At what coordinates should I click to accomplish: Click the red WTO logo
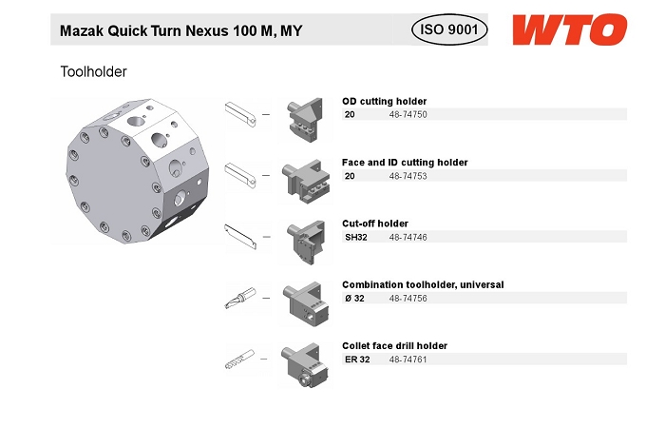tap(570, 29)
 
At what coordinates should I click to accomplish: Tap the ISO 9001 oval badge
tap(449, 29)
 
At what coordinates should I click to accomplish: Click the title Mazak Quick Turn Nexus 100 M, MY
tap(181, 31)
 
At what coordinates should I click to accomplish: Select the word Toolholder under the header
tap(94, 71)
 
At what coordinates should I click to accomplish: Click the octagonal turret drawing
tap(138, 170)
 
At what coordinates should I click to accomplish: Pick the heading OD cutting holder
tap(384, 102)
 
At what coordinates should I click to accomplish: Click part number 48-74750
tap(408, 115)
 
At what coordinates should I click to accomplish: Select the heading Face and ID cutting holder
tap(405, 163)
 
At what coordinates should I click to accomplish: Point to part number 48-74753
tap(408, 176)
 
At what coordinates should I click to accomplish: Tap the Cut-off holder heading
tap(375, 224)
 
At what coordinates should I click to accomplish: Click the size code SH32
tap(356, 238)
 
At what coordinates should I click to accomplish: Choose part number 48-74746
tap(408, 238)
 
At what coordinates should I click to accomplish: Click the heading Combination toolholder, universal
tap(423, 285)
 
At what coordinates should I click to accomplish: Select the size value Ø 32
tap(354, 299)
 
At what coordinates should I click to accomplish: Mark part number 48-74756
tap(408, 299)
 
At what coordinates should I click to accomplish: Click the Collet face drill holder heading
tap(394, 346)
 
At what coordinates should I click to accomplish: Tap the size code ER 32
tap(357, 360)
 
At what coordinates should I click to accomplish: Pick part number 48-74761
tap(408, 360)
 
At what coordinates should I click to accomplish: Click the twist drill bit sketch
tap(239, 360)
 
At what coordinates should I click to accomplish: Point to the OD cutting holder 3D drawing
tap(305, 120)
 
